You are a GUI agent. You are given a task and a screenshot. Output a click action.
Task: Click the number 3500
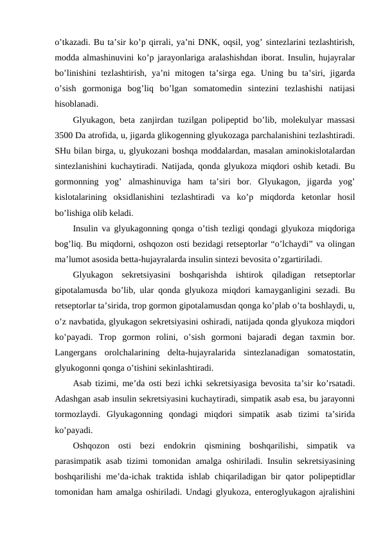tap(66, 134)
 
